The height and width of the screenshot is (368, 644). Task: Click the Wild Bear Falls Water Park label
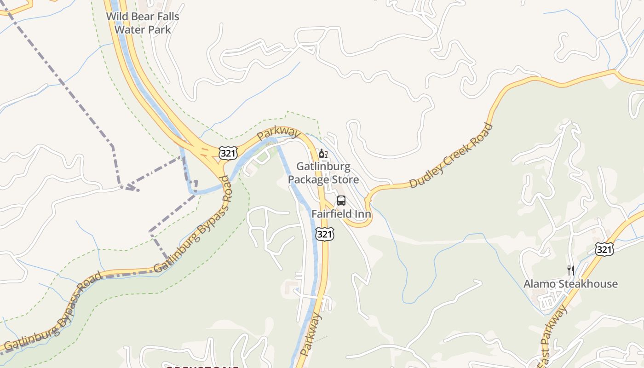(x=143, y=23)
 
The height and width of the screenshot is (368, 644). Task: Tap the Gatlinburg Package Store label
(x=323, y=172)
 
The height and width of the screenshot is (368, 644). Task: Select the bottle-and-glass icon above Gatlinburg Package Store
(x=323, y=154)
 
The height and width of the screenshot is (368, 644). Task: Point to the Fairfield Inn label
(x=341, y=214)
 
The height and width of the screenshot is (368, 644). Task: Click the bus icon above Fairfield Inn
(x=341, y=201)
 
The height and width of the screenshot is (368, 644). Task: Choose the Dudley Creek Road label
(x=451, y=156)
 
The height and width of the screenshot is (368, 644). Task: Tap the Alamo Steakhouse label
(x=570, y=284)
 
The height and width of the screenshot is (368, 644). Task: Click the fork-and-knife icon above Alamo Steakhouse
(x=570, y=270)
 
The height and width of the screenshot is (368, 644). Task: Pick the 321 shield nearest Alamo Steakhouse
(x=604, y=249)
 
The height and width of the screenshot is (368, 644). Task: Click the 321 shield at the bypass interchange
(x=228, y=153)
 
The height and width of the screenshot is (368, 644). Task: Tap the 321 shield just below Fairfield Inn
(x=324, y=234)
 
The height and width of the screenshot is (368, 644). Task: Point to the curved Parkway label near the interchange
(x=278, y=133)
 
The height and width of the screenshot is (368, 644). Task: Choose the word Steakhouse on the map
(x=587, y=284)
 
